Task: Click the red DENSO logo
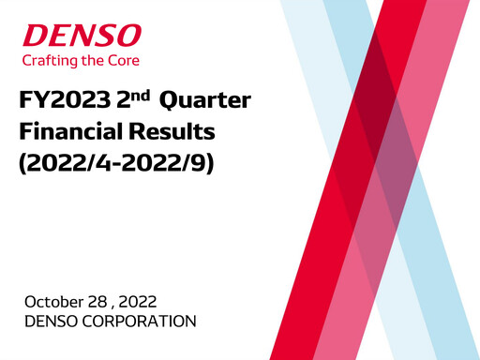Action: point(82,37)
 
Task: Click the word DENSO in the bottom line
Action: point(51,322)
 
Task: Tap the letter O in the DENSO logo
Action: point(129,37)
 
